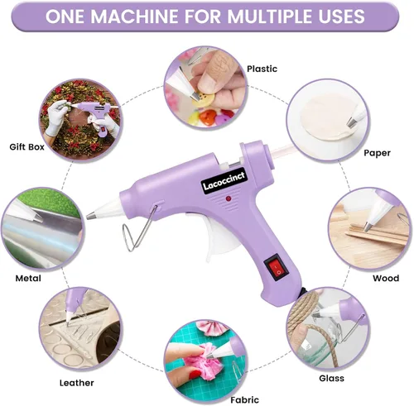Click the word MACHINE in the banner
point(135,17)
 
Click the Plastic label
point(262,69)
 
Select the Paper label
point(377,153)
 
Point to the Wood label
point(386,278)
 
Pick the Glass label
point(331,378)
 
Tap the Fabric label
point(245,399)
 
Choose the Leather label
point(77,383)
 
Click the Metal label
point(28,279)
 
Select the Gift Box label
point(26,147)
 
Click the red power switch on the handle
point(277,267)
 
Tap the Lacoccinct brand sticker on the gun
point(224,181)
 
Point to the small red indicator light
point(228,198)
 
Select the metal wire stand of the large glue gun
point(138,229)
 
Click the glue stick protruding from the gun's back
point(280,151)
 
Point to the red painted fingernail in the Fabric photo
point(195,375)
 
